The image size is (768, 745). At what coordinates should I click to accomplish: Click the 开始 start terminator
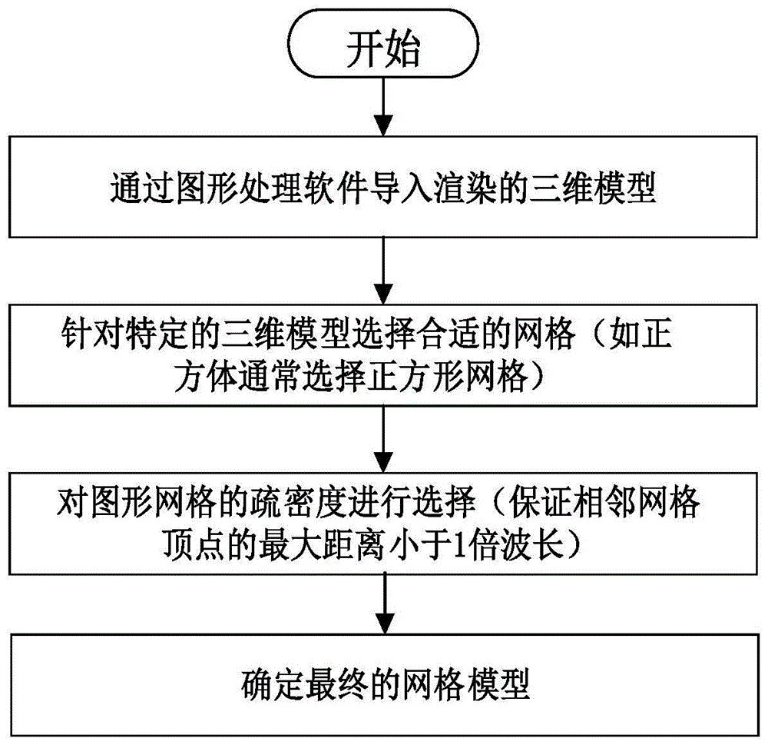(384, 52)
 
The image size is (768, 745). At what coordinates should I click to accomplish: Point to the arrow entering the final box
(384, 604)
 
